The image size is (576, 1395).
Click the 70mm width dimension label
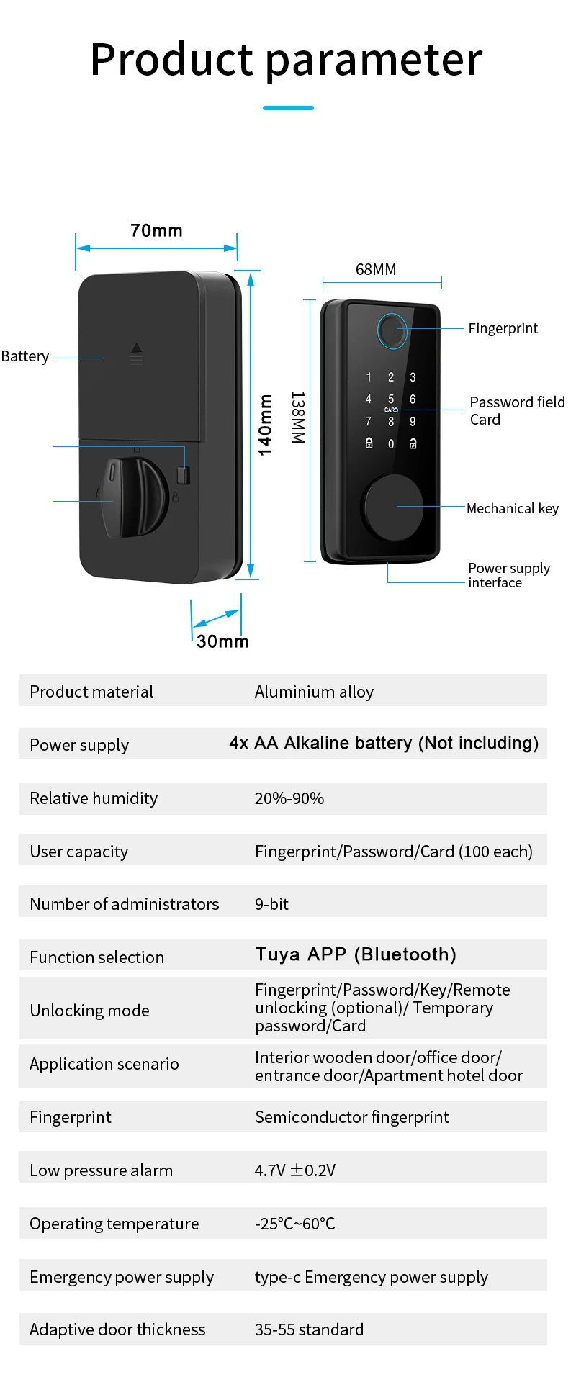click(156, 231)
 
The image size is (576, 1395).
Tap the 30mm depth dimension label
click(222, 641)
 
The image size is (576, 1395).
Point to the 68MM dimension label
click(376, 270)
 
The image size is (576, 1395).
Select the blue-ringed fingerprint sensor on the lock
click(392, 330)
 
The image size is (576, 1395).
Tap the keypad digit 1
click(369, 377)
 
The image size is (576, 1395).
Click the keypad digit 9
click(413, 422)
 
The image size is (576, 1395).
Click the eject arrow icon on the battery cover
click(137, 354)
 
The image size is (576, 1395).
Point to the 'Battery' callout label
click(25, 357)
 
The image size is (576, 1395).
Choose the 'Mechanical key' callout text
click(512, 509)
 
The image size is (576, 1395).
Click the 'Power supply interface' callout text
click(508, 575)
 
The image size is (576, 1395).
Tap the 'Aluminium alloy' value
click(314, 692)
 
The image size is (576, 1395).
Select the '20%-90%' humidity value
click(289, 798)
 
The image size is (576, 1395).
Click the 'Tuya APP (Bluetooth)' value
click(356, 954)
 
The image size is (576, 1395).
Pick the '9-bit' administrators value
click(271, 905)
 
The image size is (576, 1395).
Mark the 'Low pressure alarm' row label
click(102, 1170)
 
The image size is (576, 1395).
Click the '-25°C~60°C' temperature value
click(295, 1224)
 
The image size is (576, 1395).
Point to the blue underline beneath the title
click(288, 108)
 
